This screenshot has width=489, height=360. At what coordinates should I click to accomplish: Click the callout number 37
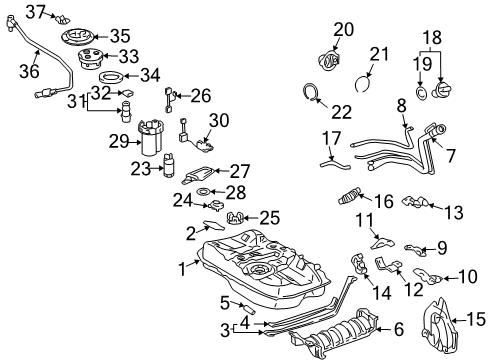point(36,11)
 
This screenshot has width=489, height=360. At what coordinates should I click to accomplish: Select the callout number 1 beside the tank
point(182,268)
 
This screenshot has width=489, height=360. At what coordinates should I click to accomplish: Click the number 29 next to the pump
point(119,141)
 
